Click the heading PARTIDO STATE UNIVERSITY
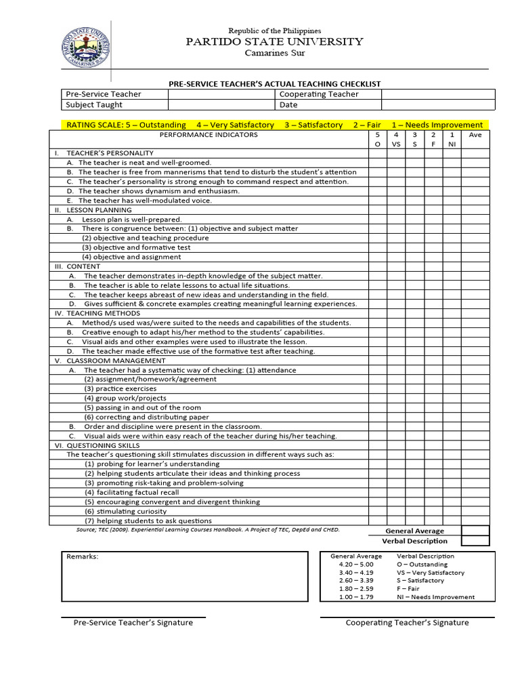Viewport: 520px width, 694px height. point(274,41)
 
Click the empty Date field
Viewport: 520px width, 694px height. point(435,105)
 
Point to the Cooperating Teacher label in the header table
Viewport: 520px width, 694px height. point(319,94)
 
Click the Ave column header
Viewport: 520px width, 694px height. point(475,135)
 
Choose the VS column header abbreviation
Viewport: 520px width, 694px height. point(396,144)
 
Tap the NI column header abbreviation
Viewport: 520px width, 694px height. point(452,144)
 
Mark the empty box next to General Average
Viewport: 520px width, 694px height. point(475,531)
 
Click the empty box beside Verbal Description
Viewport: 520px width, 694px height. point(475,541)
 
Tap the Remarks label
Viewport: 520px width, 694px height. point(82,556)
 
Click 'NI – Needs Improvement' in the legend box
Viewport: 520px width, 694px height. point(435,597)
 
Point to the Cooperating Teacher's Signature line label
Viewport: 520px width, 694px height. point(407,622)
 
